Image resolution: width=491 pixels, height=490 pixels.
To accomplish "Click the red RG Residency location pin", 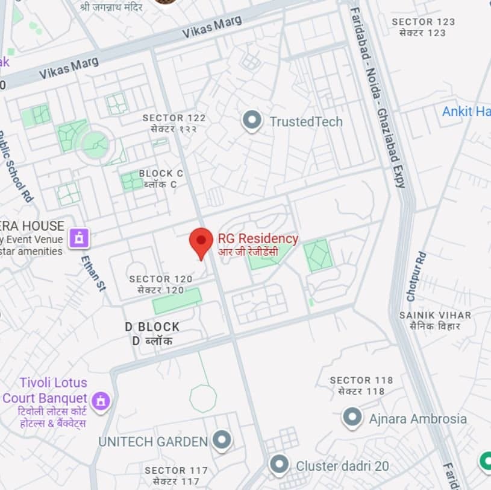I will pos(201,241).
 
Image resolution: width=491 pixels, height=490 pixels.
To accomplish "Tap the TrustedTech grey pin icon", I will pos(251,120).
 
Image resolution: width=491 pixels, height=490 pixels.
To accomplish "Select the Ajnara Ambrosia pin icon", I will pos(352,418).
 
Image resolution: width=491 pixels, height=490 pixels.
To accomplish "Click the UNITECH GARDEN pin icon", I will pos(222,440).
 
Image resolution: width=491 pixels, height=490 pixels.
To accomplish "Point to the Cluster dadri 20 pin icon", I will pos(279,465).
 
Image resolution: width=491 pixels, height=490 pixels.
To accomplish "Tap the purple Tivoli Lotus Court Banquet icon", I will pos(101,399).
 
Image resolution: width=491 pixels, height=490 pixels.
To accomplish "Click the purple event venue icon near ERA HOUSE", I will pos(79,238).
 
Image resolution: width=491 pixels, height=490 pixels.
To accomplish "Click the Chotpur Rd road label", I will pos(414,276).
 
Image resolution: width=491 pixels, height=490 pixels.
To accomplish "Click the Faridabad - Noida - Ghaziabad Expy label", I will pos(377,97).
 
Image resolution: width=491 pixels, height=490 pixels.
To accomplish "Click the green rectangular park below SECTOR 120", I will pos(177,301).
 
